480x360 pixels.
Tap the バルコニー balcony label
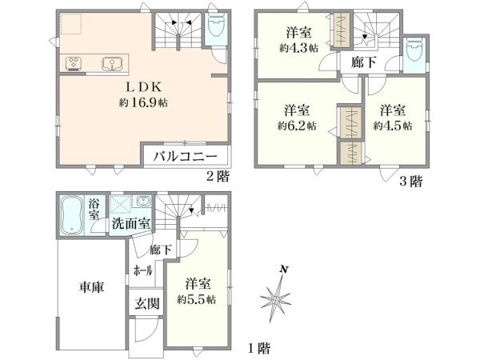point(186,157)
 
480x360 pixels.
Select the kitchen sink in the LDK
point(110,63)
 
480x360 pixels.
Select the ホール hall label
point(143,270)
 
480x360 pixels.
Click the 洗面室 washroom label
point(130,223)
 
